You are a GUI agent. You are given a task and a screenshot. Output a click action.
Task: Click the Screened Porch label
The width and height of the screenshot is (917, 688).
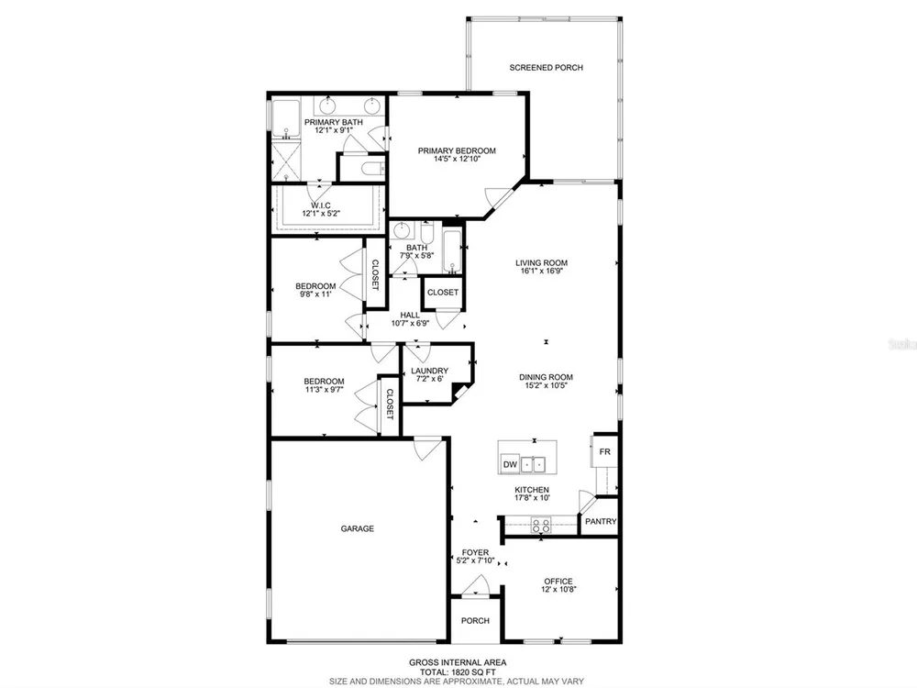pyautogui.click(x=546, y=67)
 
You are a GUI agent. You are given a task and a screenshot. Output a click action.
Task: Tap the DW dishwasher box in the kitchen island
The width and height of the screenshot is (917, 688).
pyautogui.click(x=510, y=464)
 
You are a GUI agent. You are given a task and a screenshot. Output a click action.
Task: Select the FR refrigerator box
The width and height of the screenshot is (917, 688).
pyautogui.click(x=604, y=451)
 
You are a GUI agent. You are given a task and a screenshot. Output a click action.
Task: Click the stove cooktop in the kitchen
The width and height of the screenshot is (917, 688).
pyautogui.click(x=540, y=525)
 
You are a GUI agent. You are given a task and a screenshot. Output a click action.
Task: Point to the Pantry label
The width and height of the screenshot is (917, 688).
pyautogui.click(x=601, y=521)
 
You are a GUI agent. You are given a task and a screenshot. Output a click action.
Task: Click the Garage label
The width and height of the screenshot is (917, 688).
pyautogui.click(x=358, y=528)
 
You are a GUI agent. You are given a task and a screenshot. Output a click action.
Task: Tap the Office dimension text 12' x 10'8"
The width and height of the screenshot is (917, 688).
pyautogui.click(x=558, y=589)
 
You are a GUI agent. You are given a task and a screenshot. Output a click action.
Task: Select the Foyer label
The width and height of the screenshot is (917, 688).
pyautogui.click(x=475, y=552)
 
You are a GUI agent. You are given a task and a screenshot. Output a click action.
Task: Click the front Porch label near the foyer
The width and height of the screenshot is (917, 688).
pyautogui.click(x=475, y=620)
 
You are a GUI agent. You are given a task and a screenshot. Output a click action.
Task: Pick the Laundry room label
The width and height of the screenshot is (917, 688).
pyautogui.click(x=429, y=371)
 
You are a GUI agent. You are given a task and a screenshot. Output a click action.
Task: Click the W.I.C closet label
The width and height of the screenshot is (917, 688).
pyautogui.click(x=320, y=205)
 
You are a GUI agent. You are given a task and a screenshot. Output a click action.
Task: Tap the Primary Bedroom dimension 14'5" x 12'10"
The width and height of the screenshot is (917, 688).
pyautogui.click(x=457, y=159)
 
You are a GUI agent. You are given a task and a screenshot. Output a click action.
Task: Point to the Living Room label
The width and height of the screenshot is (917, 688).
pyautogui.click(x=542, y=262)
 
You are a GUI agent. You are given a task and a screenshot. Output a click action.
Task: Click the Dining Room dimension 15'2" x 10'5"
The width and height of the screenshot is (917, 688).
pyautogui.click(x=546, y=385)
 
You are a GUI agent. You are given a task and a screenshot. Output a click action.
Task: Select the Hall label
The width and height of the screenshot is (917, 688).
pyautogui.click(x=410, y=315)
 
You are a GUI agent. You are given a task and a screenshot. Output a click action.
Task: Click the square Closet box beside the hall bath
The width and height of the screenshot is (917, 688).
pyautogui.click(x=443, y=292)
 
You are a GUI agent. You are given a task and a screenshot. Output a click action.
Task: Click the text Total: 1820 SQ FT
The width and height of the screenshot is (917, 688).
pyautogui.click(x=458, y=671)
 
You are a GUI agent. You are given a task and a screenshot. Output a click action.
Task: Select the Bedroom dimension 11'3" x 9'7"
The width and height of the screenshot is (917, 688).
pyautogui.click(x=324, y=389)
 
